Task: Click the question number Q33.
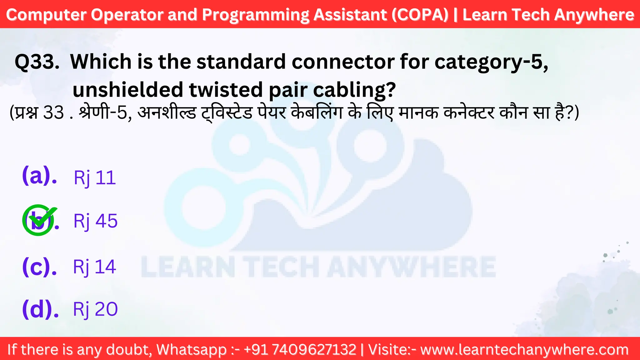(x=37, y=62)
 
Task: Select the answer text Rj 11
(x=95, y=178)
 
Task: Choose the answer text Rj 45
(x=96, y=221)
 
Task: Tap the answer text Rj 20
(x=95, y=309)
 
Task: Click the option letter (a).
(x=39, y=176)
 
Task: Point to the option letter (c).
(x=39, y=267)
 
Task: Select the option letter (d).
(x=40, y=309)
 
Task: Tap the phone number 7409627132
(x=314, y=349)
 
